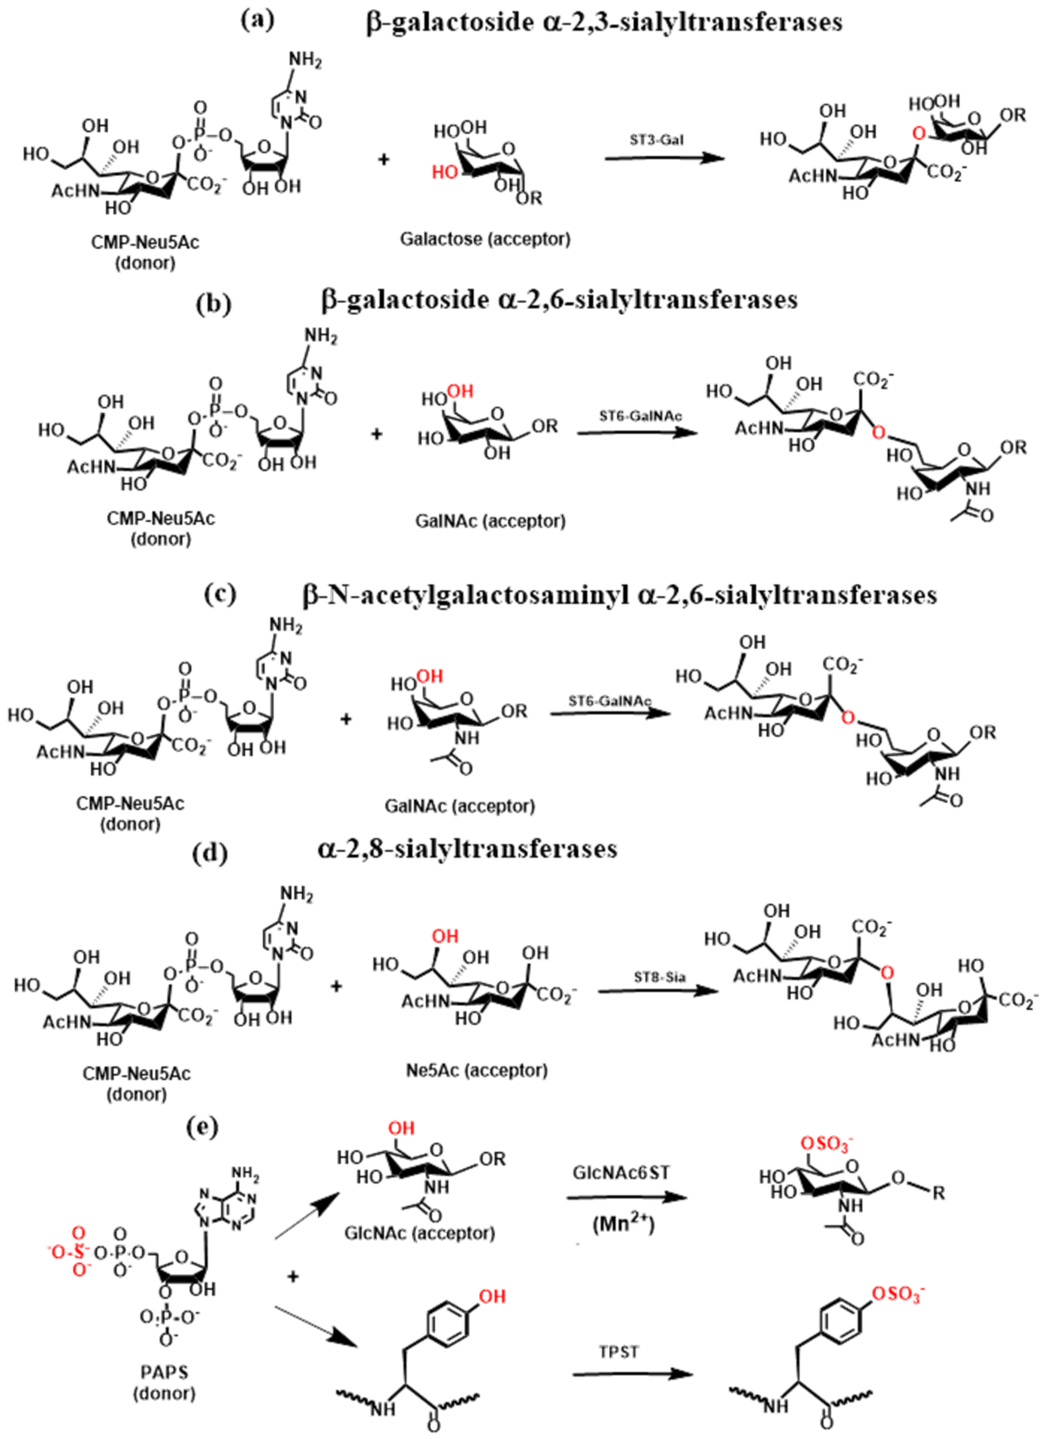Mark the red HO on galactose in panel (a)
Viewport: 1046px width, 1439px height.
point(445,171)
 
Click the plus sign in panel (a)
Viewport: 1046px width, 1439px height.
point(383,159)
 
